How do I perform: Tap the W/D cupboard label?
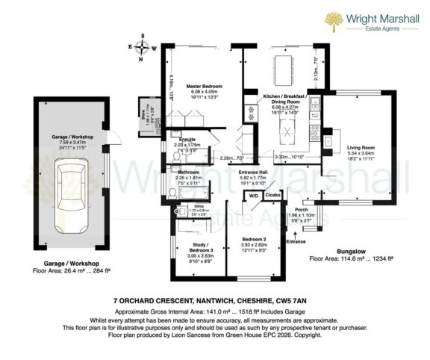(x=254, y=196)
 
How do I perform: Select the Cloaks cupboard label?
(x=272, y=196)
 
